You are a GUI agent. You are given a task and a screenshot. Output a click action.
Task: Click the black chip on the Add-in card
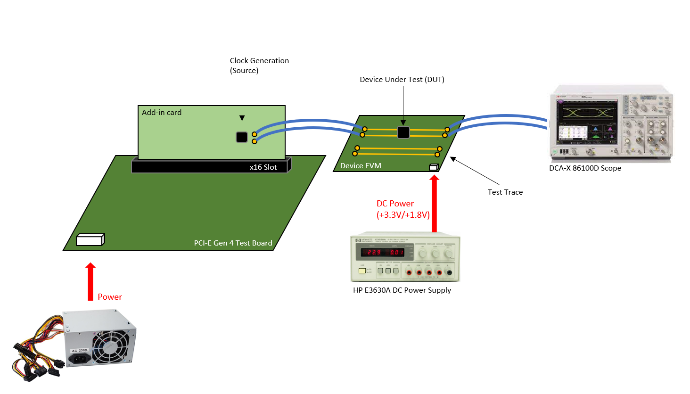[242, 137]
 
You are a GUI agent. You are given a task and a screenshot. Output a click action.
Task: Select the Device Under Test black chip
[403, 132]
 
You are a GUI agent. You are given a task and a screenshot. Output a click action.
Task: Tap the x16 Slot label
[263, 167]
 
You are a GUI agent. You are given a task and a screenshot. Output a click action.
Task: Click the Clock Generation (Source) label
[259, 66]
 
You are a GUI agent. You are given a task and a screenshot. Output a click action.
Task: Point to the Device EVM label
[361, 166]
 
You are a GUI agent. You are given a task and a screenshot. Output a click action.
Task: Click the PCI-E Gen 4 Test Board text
[233, 243]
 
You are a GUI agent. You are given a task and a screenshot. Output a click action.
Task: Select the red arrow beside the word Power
[90, 281]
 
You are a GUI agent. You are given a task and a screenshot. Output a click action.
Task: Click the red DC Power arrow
[434, 204]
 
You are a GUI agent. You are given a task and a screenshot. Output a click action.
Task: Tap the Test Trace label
[505, 192]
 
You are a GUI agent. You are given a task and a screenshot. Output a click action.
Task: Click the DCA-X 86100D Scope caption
[585, 168]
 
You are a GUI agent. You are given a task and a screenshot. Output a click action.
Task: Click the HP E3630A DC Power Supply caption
[402, 290]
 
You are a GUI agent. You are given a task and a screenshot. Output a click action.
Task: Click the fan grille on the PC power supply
[111, 346]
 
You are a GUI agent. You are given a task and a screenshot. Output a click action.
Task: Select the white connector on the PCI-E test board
[90, 239]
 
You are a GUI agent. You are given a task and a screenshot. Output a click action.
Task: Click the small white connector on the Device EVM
[434, 167]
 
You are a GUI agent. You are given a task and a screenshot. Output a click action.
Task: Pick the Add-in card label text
[161, 113]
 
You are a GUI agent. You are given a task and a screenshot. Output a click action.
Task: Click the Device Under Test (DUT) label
[402, 80]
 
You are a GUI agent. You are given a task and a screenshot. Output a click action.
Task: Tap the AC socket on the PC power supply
[80, 359]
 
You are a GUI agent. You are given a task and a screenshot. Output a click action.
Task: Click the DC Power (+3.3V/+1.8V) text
[402, 209]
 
